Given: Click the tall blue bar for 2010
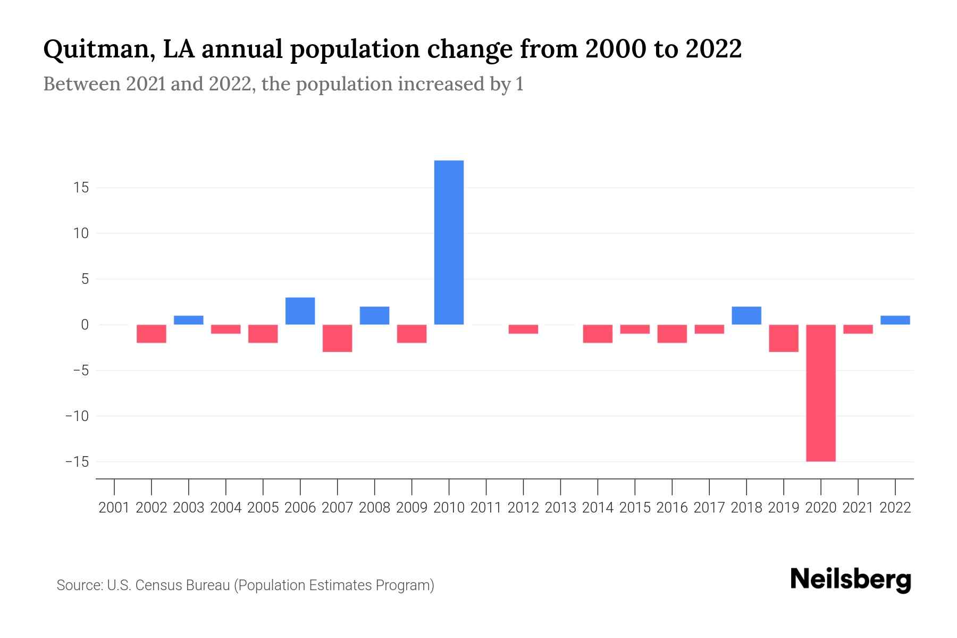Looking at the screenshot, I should click(x=449, y=242).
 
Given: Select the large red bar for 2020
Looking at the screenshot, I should click(x=820, y=393).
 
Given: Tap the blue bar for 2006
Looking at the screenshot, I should click(x=300, y=311).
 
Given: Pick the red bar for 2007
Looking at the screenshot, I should click(x=337, y=338).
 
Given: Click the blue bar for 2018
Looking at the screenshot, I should click(x=746, y=316).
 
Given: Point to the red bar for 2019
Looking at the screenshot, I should click(x=783, y=338).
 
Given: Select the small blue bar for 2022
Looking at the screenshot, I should click(x=895, y=320).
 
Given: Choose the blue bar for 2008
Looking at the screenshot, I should click(x=374, y=316).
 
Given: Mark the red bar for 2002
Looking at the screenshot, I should click(x=152, y=334).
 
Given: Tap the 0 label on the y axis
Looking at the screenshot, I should click(x=84, y=325).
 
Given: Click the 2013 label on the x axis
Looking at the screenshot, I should click(x=560, y=508).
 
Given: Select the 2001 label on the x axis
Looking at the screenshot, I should click(x=114, y=508).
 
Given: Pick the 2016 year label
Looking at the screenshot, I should click(x=672, y=508).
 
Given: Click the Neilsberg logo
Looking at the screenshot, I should click(x=850, y=580).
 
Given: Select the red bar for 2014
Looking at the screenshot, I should click(x=598, y=334).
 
